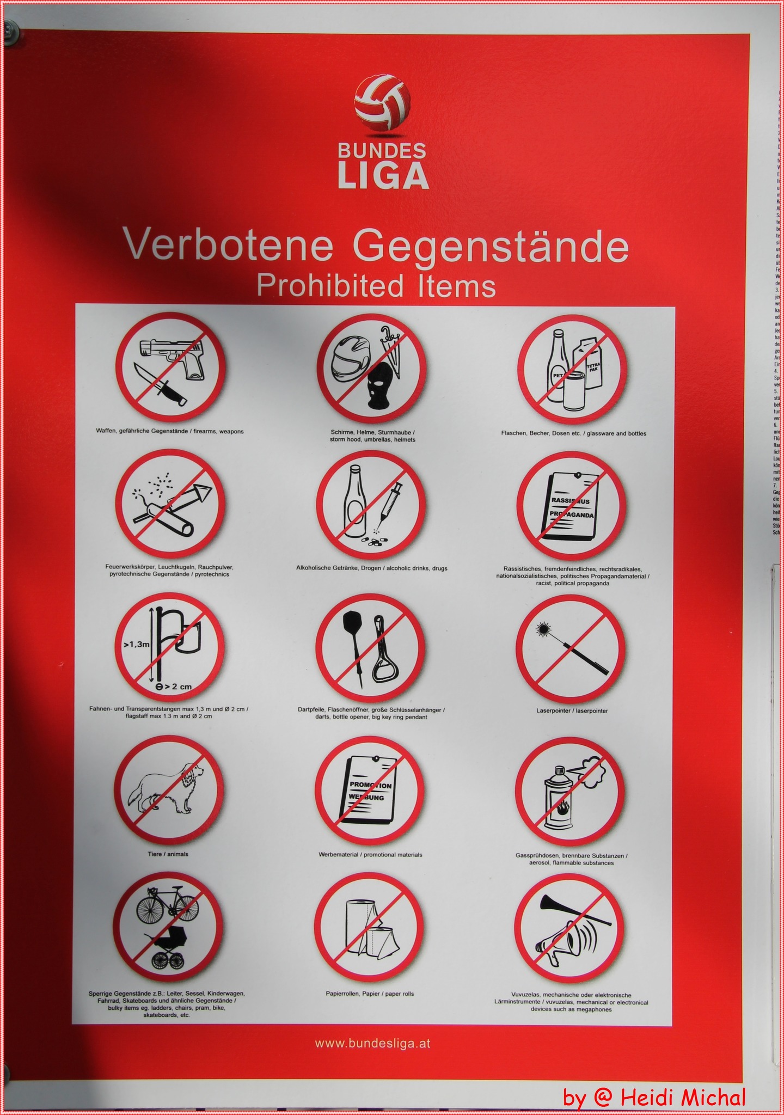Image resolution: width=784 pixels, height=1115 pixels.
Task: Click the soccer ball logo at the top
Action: [382, 105]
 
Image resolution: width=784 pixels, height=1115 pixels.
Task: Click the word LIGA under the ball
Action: [383, 175]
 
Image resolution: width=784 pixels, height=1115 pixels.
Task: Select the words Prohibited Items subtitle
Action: [376, 286]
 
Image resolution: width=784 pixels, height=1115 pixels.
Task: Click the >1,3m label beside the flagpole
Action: [136, 644]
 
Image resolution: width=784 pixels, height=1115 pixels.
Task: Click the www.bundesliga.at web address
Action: [373, 1044]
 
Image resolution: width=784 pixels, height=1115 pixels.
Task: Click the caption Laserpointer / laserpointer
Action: [572, 710]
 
